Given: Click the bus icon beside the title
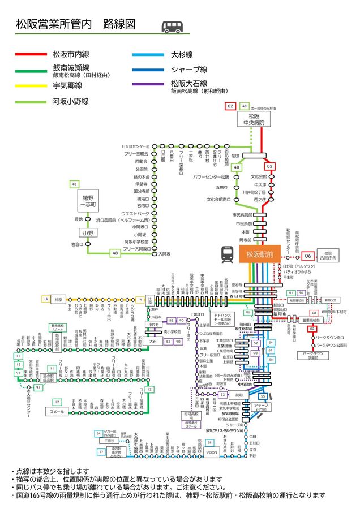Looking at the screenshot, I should [x=172, y=26].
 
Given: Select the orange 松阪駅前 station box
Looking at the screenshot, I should [x=260, y=255].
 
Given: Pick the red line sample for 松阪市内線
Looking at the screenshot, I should [x=32, y=54].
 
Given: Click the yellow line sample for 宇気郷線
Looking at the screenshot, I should [x=32, y=86].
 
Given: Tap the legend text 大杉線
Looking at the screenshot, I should [x=182, y=55].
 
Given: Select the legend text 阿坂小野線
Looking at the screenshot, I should [x=70, y=102].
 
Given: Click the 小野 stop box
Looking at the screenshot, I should [x=87, y=232].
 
